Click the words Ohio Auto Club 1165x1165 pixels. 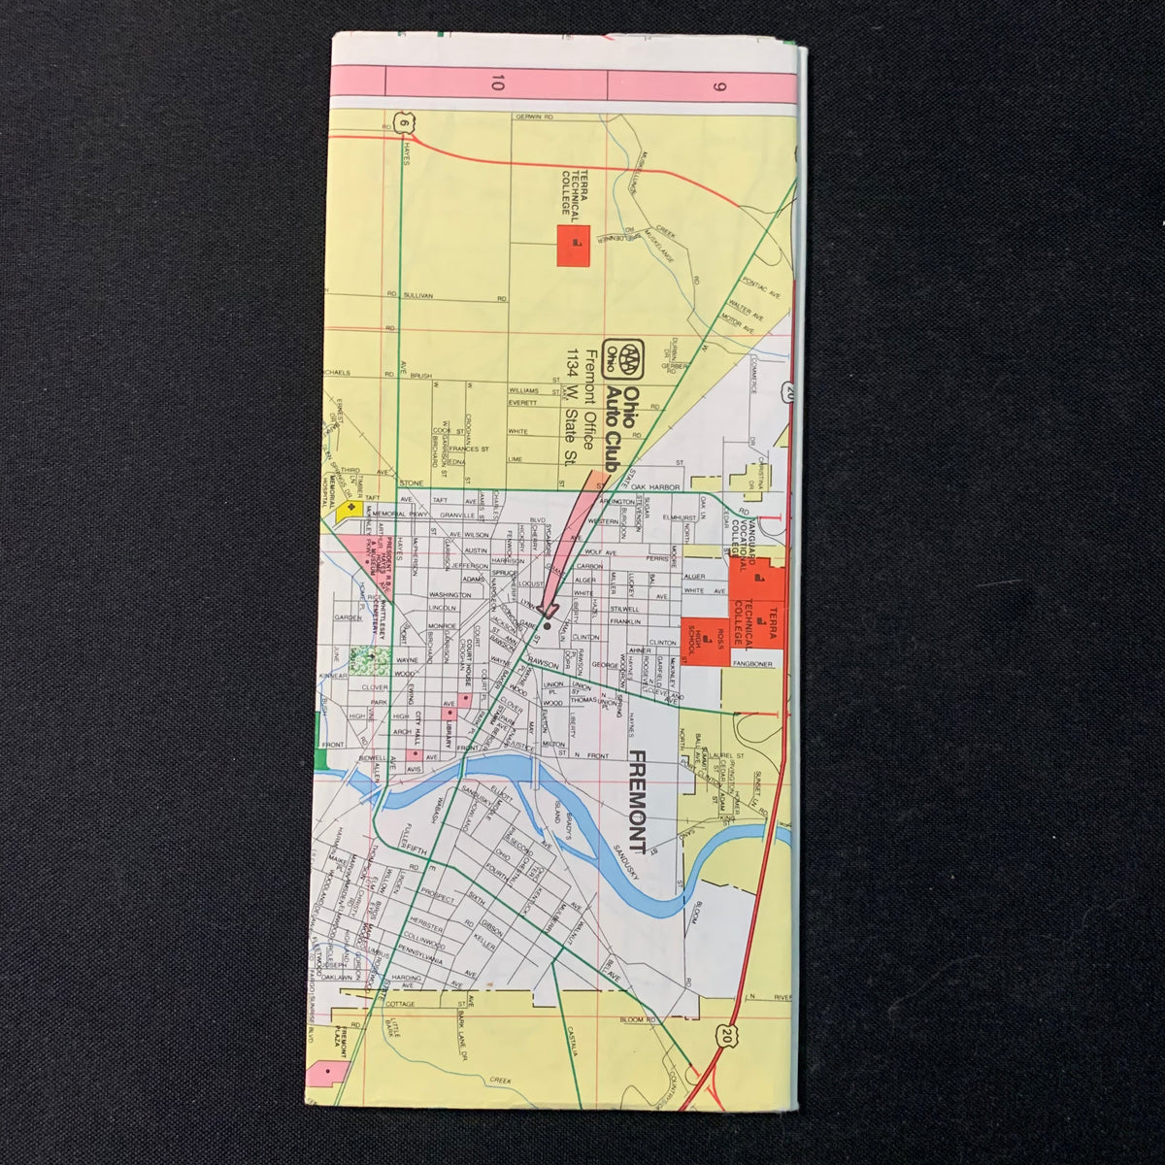(622, 427)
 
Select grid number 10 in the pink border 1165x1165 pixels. (496, 83)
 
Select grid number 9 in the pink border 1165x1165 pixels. (719, 83)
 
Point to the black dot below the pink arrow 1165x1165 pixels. (546, 626)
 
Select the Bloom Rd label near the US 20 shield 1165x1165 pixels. (638, 1019)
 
